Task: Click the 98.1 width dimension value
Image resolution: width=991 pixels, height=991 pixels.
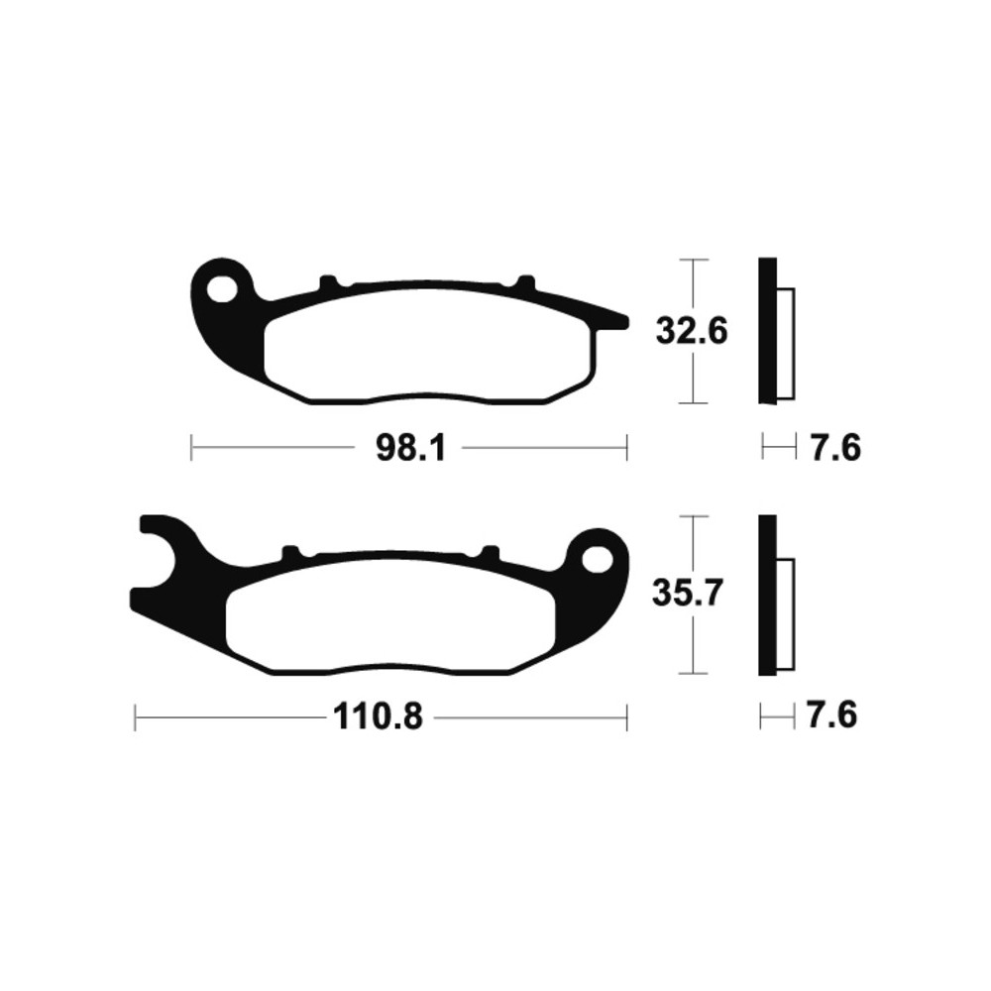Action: tap(411, 449)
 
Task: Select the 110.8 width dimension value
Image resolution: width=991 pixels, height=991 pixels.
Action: tap(378, 717)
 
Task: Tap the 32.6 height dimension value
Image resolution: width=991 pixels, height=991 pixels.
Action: tap(692, 331)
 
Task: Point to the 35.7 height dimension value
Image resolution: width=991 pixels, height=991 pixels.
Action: tap(688, 595)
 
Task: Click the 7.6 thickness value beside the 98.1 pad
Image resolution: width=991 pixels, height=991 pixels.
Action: tap(835, 449)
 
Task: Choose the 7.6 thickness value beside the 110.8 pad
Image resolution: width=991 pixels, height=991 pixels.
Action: tap(831, 716)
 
